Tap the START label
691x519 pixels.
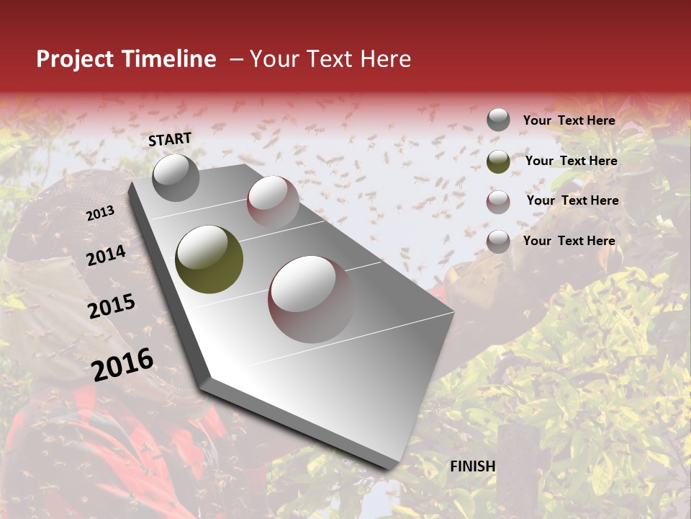[170, 139]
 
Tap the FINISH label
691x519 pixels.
[473, 466]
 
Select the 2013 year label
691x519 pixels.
[100, 213]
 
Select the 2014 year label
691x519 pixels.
[106, 255]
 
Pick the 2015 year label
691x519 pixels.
[112, 306]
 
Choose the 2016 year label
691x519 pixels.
[122, 364]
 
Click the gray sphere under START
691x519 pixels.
[176, 177]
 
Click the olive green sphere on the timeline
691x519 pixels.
[209, 259]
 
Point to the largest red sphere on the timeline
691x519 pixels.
[311, 299]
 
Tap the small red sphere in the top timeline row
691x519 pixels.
[273, 201]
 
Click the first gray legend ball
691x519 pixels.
[498, 120]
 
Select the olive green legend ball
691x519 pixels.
[498, 161]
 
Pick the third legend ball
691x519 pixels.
[498, 201]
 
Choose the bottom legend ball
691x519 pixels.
[498, 241]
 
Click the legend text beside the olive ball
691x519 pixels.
[572, 161]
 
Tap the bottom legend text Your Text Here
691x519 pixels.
[569, 241]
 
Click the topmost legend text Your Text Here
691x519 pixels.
[569, 120]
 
